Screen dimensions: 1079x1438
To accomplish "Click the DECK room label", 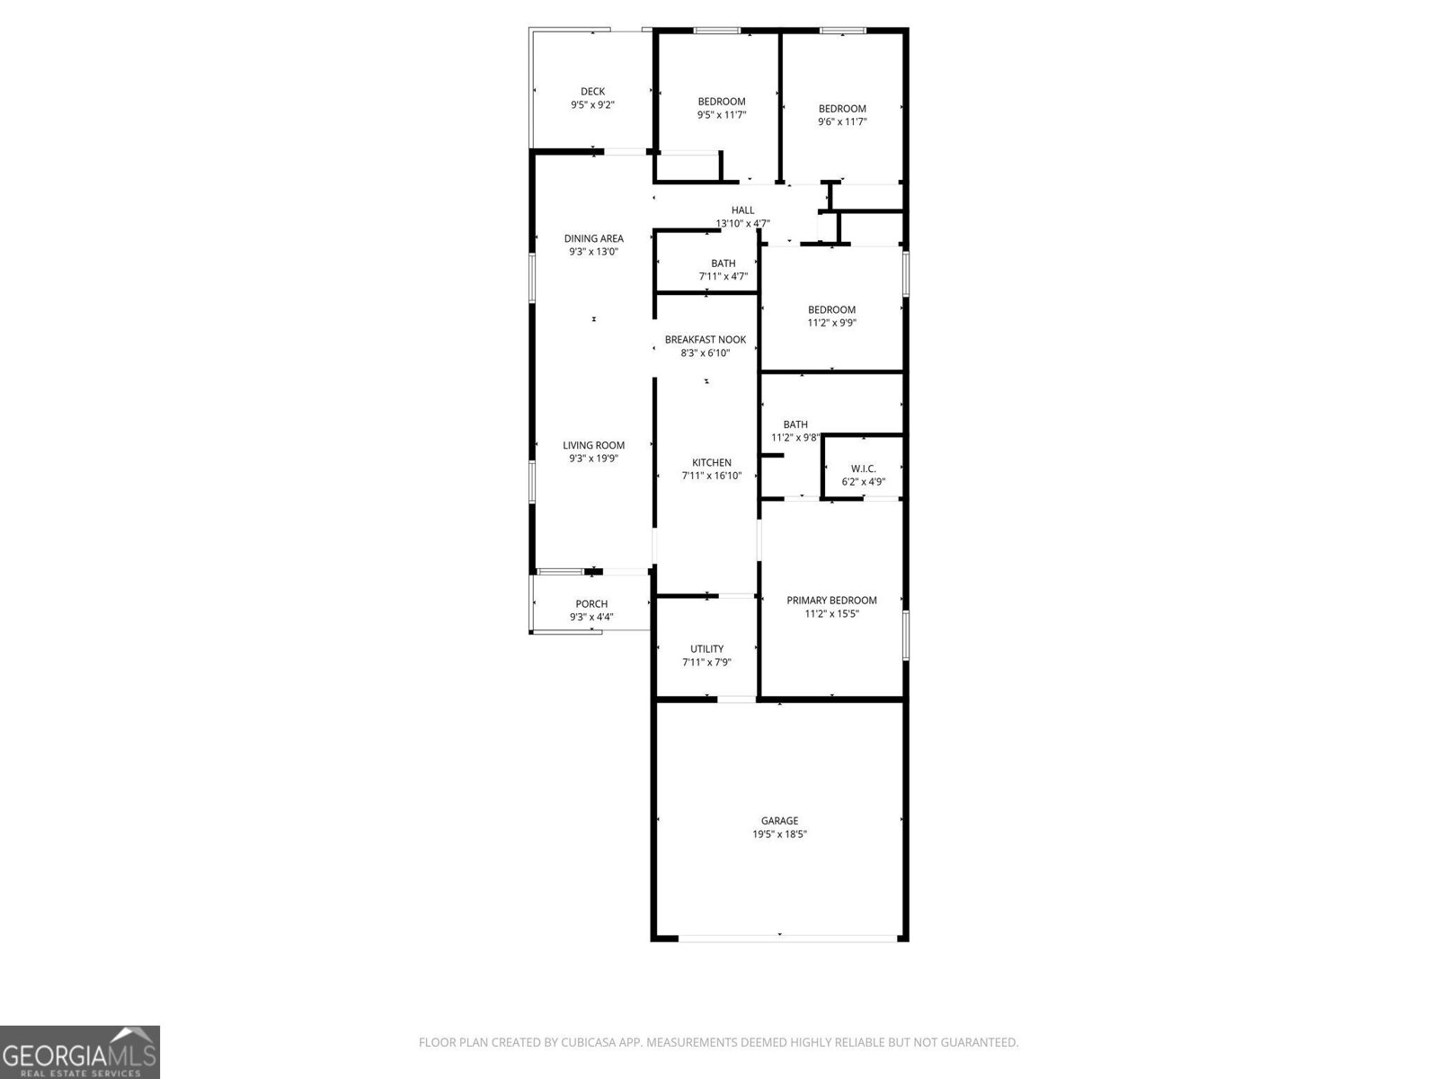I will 592,91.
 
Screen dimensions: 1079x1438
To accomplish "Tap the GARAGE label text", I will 779,820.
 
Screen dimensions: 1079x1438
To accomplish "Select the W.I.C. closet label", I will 863,468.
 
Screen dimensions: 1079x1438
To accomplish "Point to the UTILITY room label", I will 706,648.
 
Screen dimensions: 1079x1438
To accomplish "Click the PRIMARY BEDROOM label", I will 831,600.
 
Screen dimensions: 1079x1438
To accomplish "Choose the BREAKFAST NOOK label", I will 705,339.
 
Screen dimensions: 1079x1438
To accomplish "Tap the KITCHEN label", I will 711,462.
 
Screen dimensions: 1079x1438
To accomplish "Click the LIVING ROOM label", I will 593,445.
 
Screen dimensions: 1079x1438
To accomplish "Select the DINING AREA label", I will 593,238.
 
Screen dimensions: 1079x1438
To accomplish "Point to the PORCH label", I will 591,603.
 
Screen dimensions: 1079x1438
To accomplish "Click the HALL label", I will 742,210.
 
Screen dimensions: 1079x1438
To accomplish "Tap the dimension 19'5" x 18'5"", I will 779,834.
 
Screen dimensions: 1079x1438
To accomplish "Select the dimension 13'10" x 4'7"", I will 742,224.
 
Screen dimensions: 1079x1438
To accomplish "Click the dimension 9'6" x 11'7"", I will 842,122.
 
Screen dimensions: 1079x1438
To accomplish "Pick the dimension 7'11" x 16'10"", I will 711,476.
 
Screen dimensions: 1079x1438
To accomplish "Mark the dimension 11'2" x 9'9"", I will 831,323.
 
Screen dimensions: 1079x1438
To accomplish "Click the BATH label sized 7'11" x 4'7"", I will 723,263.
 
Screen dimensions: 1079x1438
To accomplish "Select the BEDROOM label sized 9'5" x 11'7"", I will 722,101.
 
